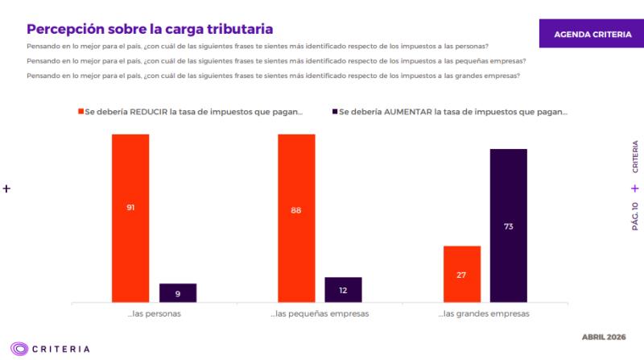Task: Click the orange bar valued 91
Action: pos(130,217)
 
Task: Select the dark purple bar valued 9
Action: pos(178,293)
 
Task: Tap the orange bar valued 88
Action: pos(296,217)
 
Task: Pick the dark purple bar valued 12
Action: pos(343,290)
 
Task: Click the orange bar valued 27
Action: pos(461,274)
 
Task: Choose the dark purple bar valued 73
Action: pos(508,226)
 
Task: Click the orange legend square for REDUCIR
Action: pos(80,112)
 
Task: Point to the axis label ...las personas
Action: pos(154,314)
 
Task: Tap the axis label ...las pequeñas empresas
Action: pos(320,314)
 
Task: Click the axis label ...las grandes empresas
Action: pos(484,314)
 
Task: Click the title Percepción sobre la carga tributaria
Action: pos(150,29)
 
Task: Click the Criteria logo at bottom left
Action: pos(50,349)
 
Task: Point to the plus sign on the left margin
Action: pos(7,188)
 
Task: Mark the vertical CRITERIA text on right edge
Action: pos(635,157)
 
